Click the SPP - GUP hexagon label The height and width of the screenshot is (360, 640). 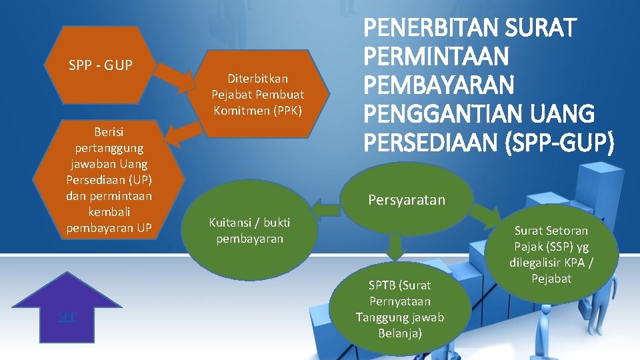(101, 65)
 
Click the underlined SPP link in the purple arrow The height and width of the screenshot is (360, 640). (67, 317)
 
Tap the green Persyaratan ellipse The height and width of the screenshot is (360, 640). (406, 200)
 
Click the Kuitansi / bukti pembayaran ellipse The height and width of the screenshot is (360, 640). (249, 230)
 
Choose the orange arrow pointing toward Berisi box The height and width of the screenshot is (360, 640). (181, 133)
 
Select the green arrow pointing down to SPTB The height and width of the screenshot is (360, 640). (395, 246)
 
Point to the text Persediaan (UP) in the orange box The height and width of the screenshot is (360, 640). (109, 180)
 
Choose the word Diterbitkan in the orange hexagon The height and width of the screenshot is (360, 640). (257, 79)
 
